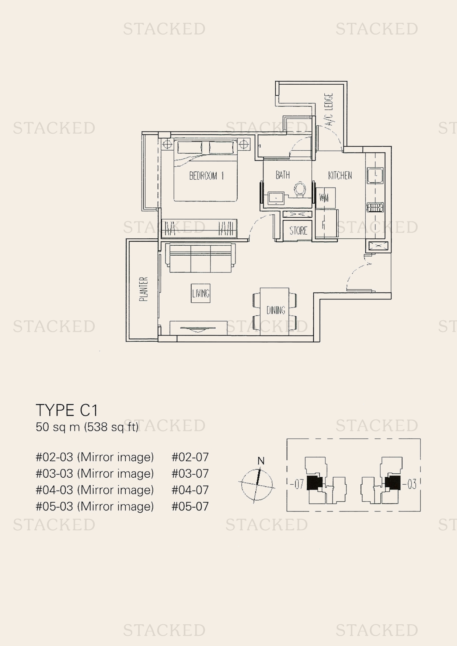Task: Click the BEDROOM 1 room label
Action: (x=206, y=176)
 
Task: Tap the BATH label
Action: (x=283, y=175)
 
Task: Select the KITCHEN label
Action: (x=340, y=175)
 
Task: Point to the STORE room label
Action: (x=298, y=231)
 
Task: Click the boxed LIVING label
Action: (x=200, y=293)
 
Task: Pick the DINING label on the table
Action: (x=276, y=310)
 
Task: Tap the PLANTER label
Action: (x=144, y=289)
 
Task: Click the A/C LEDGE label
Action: (x=329, y=110)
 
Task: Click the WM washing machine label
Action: (x=324, y=198)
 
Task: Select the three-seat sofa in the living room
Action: (x=200, y=257)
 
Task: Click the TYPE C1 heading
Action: (x=67, y=410)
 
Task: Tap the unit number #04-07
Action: (x=190, y=490)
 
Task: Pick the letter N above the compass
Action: (x=261, y=461)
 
